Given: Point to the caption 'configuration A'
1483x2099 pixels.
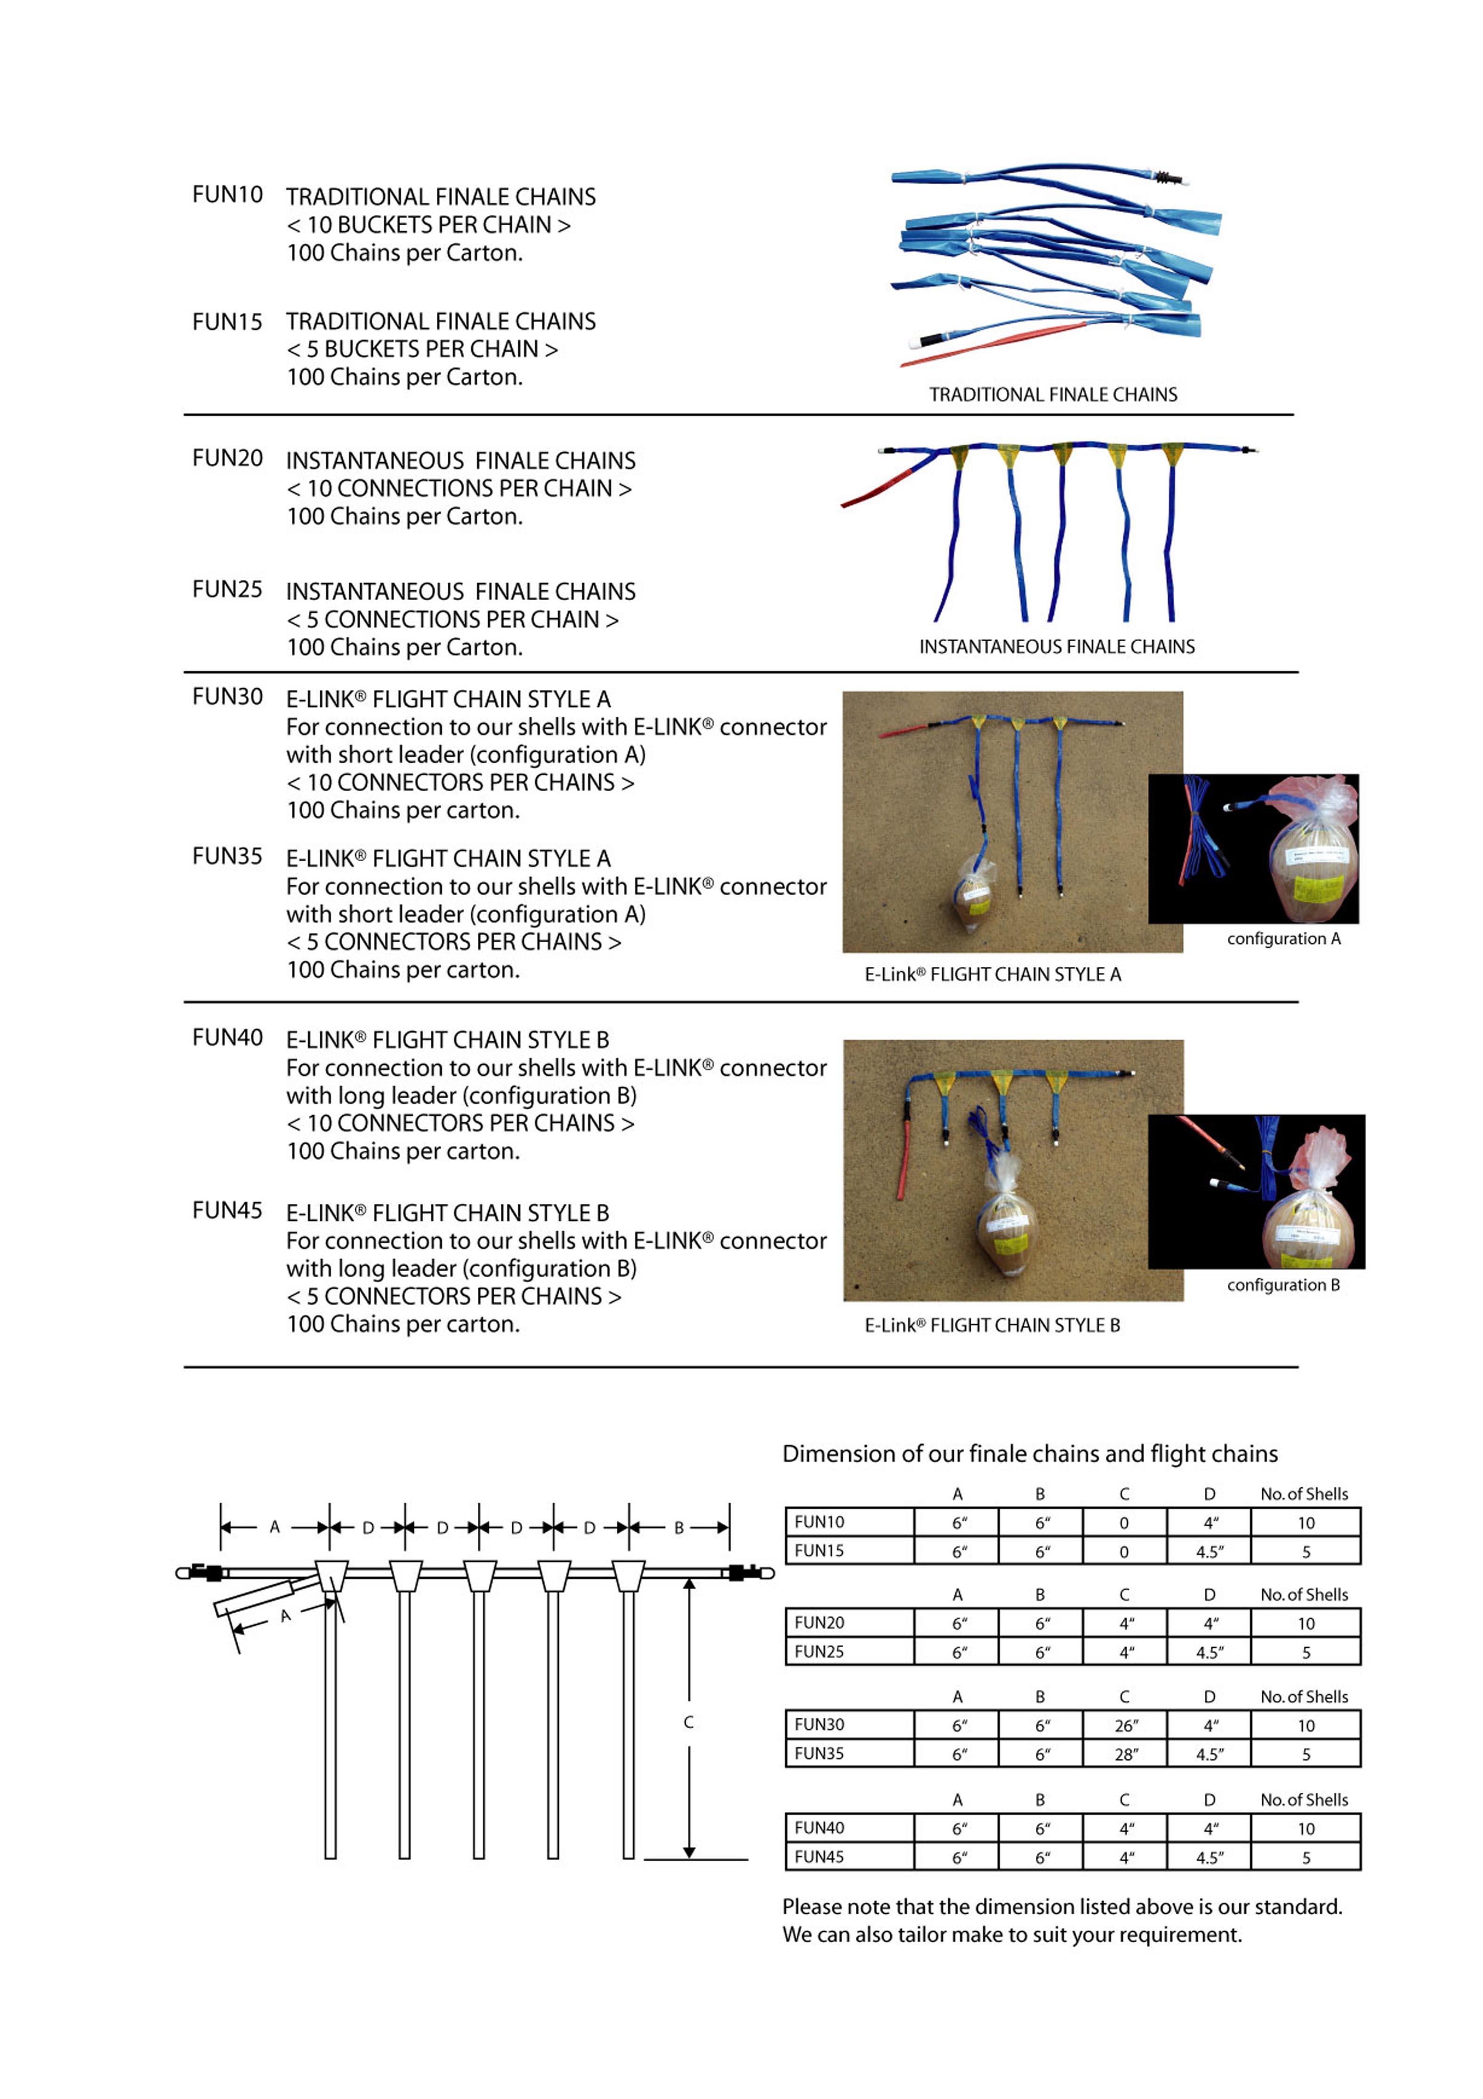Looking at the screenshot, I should [1283, 939].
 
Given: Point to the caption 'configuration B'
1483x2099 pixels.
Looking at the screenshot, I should [1283, 1285].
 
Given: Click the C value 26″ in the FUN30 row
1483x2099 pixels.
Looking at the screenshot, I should [1126, 1726].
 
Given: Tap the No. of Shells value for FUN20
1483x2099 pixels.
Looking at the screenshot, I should [1306, 1624].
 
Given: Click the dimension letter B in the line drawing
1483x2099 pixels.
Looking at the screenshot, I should [679, 1527].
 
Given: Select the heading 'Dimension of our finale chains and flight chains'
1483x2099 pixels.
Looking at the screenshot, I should [1030, 1454].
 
